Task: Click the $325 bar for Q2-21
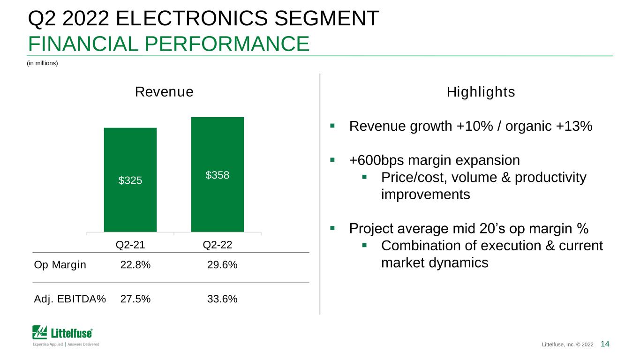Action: coord(130,180)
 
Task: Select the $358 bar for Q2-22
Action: coord(218,174)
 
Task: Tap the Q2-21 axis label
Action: coord(130,245)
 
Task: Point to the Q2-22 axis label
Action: coord(218,245)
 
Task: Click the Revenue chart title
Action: coord(164,92)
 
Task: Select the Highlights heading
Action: coord(481,92)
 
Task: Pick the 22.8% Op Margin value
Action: coord(136,265)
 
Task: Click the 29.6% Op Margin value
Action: coord(222,265)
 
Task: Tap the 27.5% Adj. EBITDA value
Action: coord(136,299)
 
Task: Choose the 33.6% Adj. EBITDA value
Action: coord(222,299)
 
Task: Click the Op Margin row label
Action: coord(60,265)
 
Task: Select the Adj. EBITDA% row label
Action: coord(70,299)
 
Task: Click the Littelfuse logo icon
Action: coord(39,332)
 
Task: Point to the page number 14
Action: coord(605,344)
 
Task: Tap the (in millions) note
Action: coord(42,63)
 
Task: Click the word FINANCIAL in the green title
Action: coord(83,44)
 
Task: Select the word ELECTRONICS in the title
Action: coord(192,18)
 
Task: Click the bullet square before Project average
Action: coord(332,228)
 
